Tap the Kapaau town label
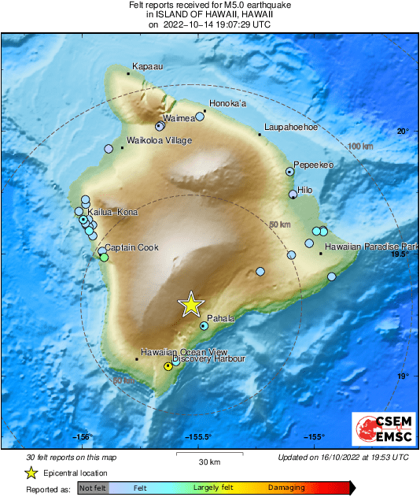point(147,67)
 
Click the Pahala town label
point(221,318)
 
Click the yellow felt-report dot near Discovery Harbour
point(168,366)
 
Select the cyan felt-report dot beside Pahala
point(204,325)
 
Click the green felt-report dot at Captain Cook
point(104,258)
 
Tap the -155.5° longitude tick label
point(197,439)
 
